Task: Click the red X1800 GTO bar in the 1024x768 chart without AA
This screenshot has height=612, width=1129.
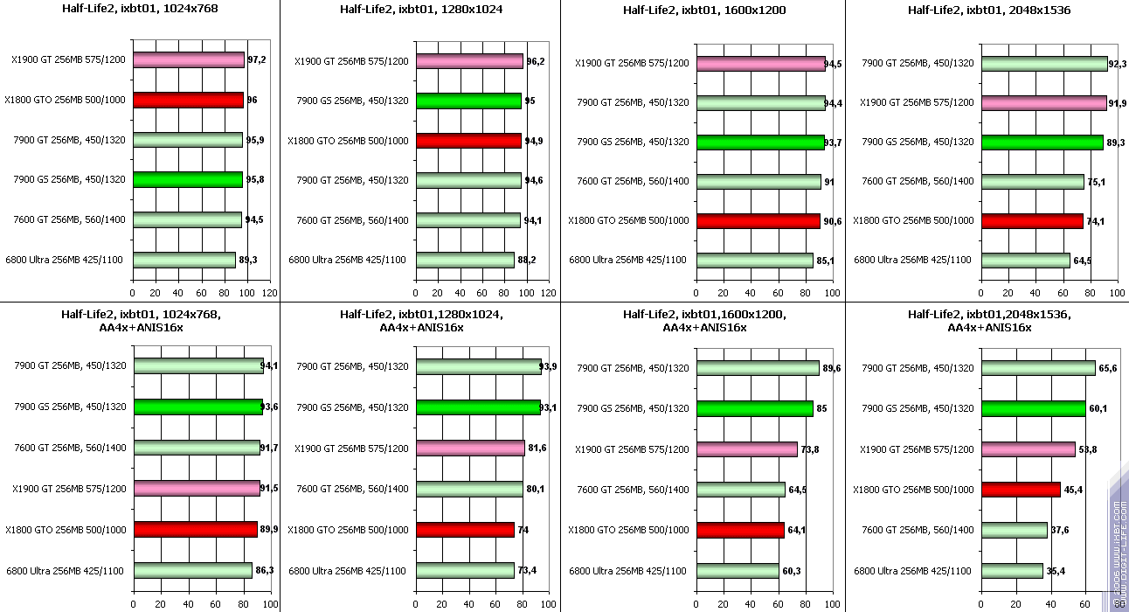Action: pos(188,100)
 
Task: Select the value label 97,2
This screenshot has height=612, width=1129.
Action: pos(257,60)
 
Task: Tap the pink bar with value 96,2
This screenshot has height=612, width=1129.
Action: pos(469,61)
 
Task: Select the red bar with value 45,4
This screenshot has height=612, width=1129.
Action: pos(1021,490)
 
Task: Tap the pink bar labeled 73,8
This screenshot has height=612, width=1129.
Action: pos(747,449)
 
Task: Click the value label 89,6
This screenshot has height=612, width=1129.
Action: pos(832,368)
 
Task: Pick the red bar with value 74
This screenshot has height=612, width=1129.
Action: pos(465,530)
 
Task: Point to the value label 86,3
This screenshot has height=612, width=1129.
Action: pos(264,570)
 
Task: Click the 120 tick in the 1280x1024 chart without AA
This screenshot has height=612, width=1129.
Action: pos(548,293)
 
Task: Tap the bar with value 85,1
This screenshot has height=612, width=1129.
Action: pos(754,260)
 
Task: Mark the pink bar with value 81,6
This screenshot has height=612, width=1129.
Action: pos(470,449)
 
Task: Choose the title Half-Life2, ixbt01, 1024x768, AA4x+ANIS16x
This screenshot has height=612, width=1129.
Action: pos(140,320)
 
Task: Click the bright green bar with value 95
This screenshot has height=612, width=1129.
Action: pos(468,101)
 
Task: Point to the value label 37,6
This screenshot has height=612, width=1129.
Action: pos(1060,530)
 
